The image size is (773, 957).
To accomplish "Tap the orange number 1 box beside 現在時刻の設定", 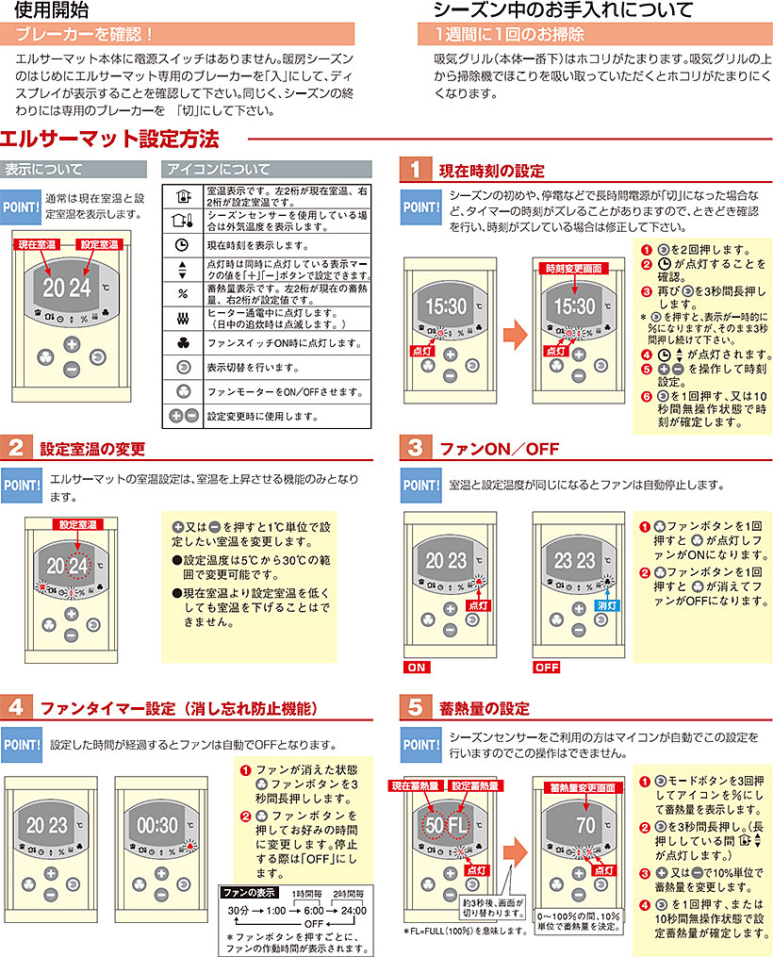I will coord(414,170).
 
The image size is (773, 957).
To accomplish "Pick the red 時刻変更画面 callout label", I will coord(572,268).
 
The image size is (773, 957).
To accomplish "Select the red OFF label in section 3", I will coord(547,667).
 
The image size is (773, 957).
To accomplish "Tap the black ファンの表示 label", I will coord(248,891).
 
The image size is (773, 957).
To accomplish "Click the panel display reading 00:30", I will coord(156,825).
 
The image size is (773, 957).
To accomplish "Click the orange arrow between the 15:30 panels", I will coord(514,333).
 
